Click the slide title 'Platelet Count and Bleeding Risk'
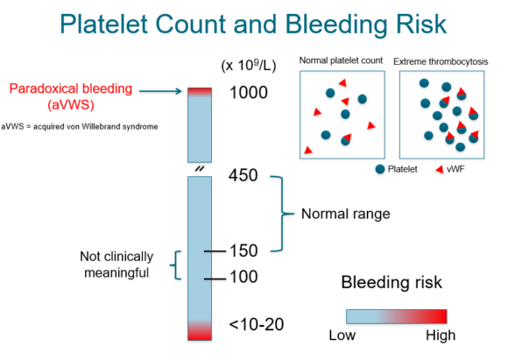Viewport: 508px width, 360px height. [253, 26]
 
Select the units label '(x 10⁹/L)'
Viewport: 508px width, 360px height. [247, 66]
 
